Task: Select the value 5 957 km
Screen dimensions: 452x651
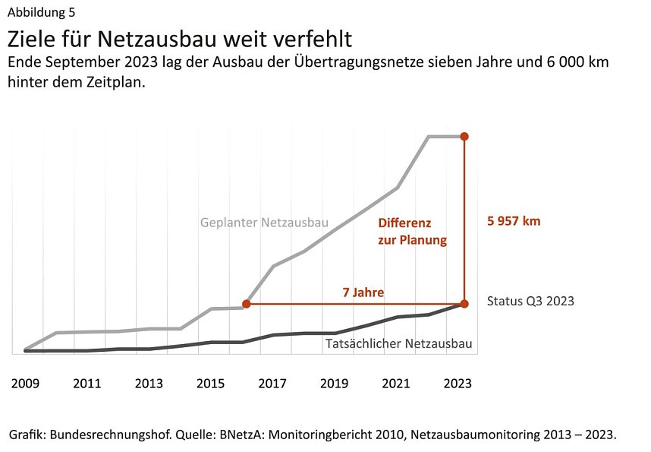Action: tap(514, 221)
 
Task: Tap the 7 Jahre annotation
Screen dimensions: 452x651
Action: tap(363, 292)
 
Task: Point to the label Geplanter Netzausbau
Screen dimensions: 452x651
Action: tap(264, 223)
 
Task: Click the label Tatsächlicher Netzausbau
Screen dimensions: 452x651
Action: tap(398, 344)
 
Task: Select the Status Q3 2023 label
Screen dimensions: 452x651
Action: tap(530, 301)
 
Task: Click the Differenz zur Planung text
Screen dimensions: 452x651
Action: tap(412, 232)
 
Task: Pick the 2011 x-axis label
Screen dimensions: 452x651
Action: tap(86, 384)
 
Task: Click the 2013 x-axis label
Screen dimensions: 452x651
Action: tap(149, 384)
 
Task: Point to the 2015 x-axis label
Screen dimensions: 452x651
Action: tap(210, 384)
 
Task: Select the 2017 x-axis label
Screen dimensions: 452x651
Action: tap(272, 384)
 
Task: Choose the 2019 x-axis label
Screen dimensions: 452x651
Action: tap(335, 384)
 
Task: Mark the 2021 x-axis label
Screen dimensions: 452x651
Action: tap(396, 384)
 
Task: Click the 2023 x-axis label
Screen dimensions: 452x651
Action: tap(458, 384)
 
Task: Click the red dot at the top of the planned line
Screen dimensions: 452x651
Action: tap(464, 137)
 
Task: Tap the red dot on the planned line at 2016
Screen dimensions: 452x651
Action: tap(246, 304)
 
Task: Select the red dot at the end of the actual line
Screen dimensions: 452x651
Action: tap(464, 304)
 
